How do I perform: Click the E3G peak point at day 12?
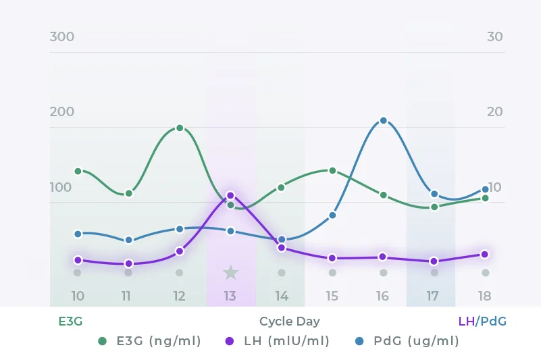[x=180, y=128]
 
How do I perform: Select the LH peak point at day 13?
[x=230, y=195]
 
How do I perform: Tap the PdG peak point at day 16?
[x=383, y=120]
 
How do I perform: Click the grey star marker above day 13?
[x=230, y=272]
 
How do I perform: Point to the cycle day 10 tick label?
[x=78, y=296]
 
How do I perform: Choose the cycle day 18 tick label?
[x=484, y=296]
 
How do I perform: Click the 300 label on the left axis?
[x=62, y=36]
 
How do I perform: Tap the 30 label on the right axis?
[x=494, y=36]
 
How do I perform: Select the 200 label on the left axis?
[x=62, y=111]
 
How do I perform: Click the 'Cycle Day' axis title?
[x=290, y=322]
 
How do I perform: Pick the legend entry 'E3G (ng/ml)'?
[x=150, y=341]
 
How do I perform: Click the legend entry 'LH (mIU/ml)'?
[x=278, y=341]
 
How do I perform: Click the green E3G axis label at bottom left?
[x=70, y=322]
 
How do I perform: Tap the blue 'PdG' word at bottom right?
[x=493, y=322]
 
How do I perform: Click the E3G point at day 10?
[x=78, y=171]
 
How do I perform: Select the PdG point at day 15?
[x=332, y=215]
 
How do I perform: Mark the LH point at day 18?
[x=485, y=254]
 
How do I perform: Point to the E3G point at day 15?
[x=332, y=170]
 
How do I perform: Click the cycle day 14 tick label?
[x=282, y=296]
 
